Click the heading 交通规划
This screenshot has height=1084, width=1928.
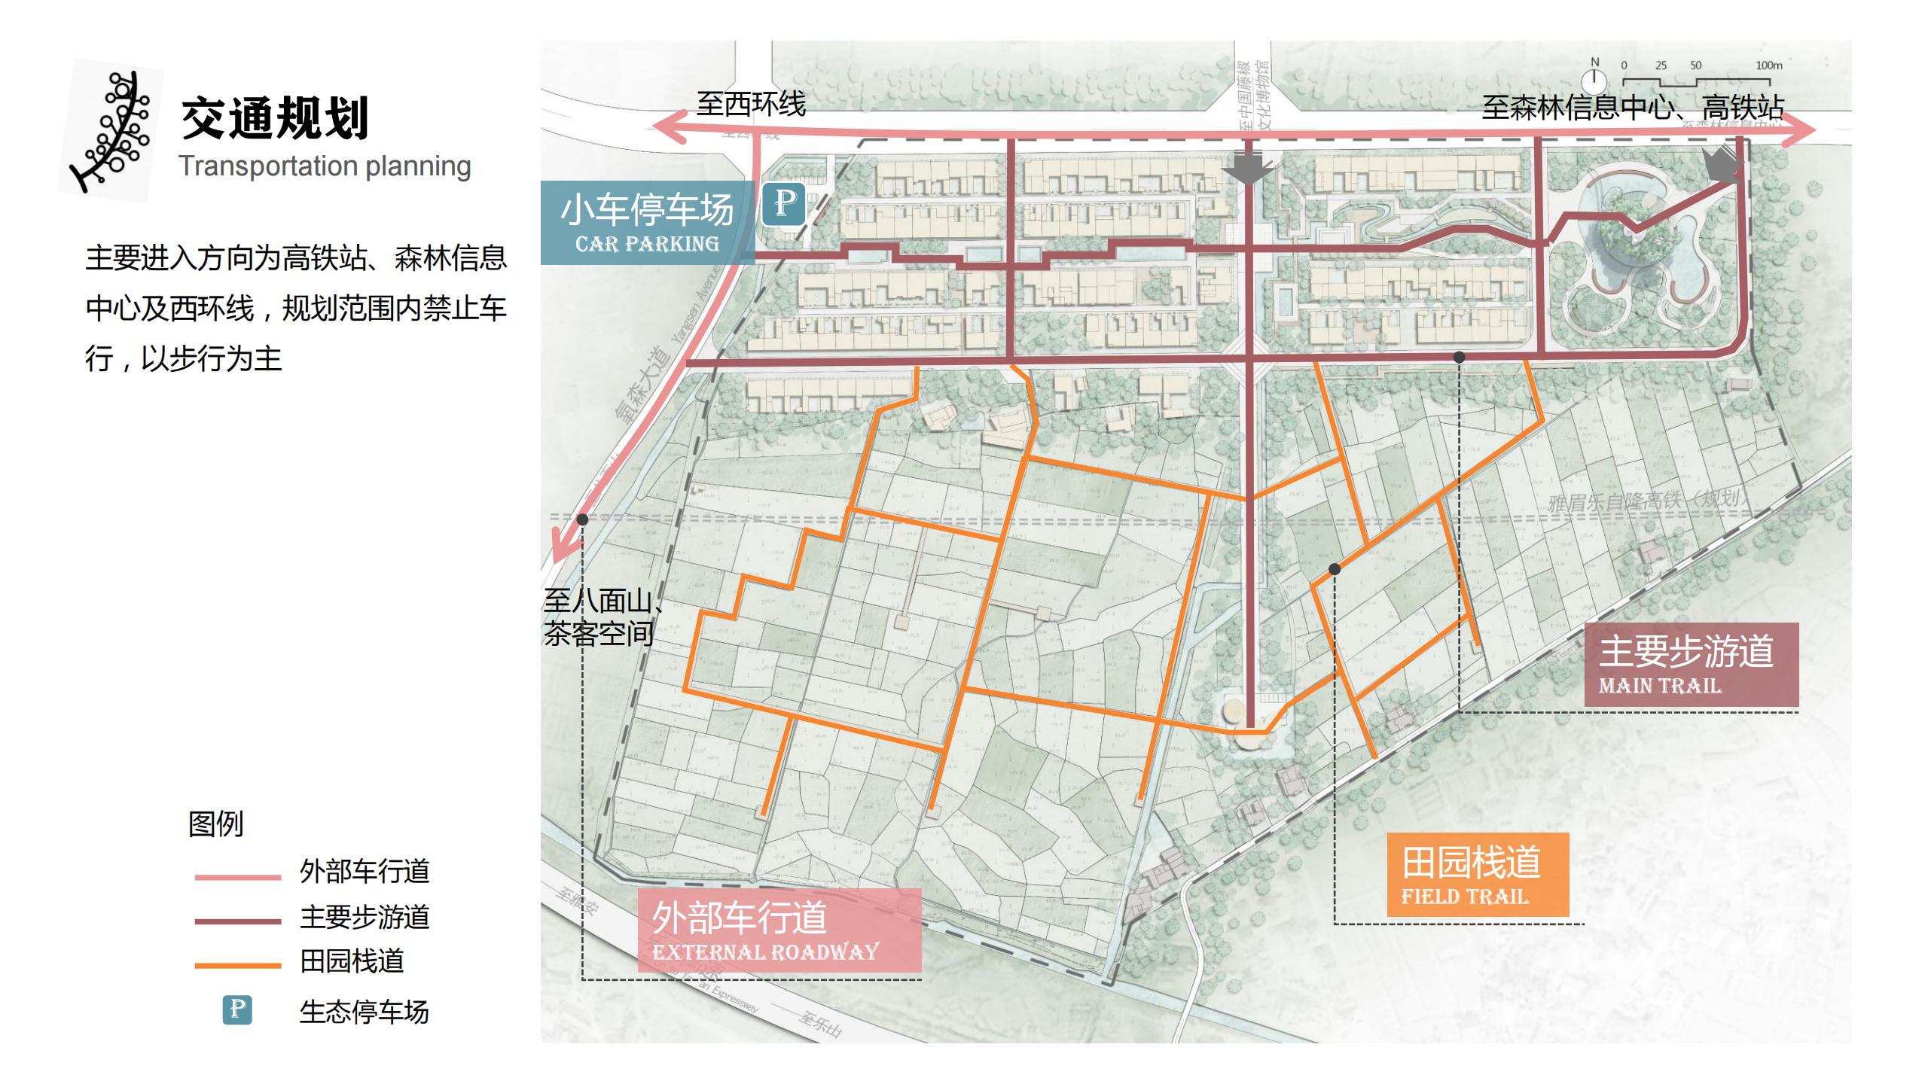tap(275, 119)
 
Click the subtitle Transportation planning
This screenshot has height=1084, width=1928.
tap(325, 166)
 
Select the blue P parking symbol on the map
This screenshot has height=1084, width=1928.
tap(783, 203)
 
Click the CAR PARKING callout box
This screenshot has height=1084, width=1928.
tap(647, 223)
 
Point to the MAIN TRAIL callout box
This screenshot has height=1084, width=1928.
tap(1691, 665)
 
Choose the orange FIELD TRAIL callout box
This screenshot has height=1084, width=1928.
tap(1478, 875)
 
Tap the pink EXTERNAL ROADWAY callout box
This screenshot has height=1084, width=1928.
tap(779, 930)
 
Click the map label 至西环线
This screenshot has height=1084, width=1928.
tap(750, 104)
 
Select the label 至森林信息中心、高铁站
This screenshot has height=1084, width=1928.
tap(1633, 107)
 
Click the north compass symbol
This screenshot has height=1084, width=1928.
tap(1594, 79)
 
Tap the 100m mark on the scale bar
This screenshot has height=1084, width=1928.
tap(1769, 66)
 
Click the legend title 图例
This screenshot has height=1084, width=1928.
tap(216, 824)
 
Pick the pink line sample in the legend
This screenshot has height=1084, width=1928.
tap(237, 877)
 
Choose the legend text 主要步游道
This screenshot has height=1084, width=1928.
tap(365, 917)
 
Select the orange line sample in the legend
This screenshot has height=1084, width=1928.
tap(237, 965)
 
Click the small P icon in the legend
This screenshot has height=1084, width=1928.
tap(237, 1009)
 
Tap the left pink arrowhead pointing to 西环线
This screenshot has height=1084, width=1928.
tap(666, 128)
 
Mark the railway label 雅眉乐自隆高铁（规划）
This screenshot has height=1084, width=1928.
tap(1646, 501)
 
